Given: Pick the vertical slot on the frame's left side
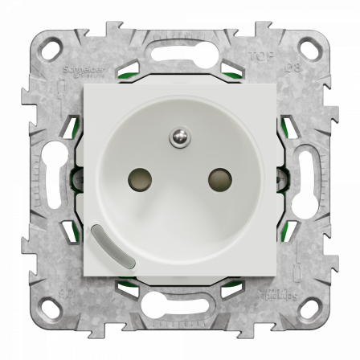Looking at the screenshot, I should coord(59,180).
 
